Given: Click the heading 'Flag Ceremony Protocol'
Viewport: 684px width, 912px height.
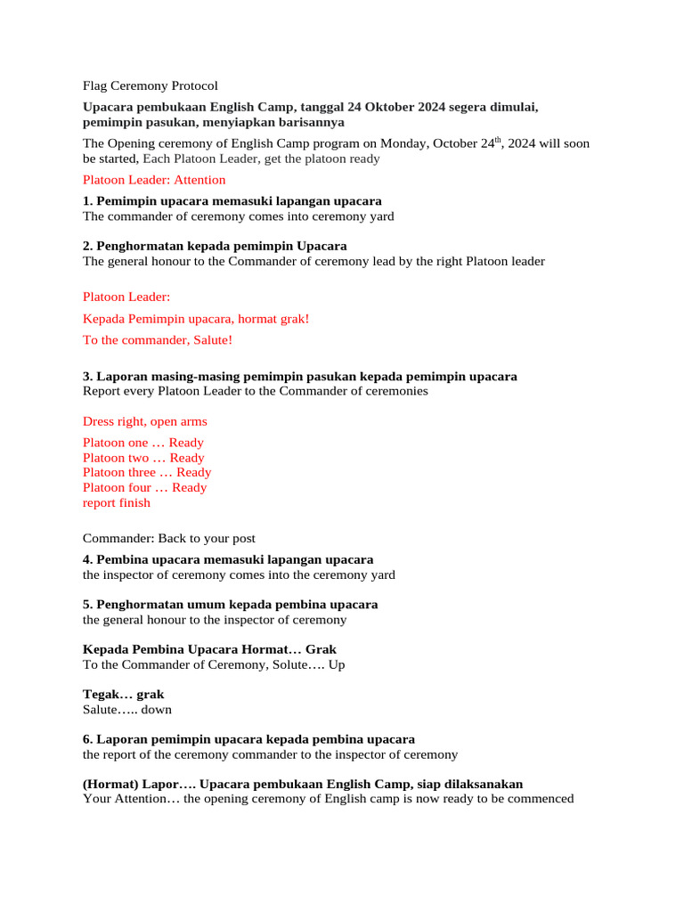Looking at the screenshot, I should click(x=150, y=86).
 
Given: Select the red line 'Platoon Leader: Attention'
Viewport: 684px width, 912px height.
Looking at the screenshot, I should click(x=154, y=180).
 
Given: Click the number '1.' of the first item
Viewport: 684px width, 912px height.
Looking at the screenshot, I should click(x=87, y=200).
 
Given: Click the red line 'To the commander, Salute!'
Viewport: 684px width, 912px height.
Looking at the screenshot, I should click(x=158, y=339).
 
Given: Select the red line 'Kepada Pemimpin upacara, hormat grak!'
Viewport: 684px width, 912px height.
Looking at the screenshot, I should click(x=196, y=318).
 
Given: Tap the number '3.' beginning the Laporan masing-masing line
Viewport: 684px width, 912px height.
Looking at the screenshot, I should click(x=87, y=377).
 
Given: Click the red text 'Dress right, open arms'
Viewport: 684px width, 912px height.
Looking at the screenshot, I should click(x=144, y=421).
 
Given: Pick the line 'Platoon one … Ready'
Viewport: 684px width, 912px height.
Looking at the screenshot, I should click(x=142, y=443).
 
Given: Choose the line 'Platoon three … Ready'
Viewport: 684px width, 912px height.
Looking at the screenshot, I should click(x=147, y=473).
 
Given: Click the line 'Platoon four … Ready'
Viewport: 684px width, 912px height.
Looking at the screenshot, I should click(x=144, y=487).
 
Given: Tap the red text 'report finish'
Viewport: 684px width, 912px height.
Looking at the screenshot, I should click(x=117, y=502).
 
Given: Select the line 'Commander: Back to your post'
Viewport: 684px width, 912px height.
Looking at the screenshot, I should click(x=169, y=538).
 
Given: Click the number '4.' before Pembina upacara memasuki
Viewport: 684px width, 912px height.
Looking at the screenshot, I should click(x=87, y=559).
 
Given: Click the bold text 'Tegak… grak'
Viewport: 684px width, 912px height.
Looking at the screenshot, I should click(x=123, y=694).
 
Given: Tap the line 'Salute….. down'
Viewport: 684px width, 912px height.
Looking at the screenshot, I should click(x=127, y=710).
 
